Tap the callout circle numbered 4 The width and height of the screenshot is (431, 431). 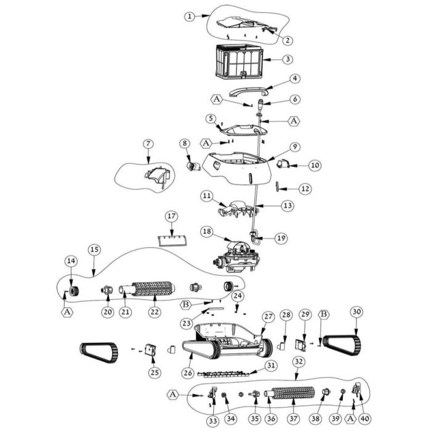tap(295, 79)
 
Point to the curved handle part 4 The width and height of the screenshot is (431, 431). tap(247, 91)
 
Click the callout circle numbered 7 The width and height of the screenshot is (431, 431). tap(148, 143)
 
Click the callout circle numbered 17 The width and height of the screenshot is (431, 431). tap(171, 216)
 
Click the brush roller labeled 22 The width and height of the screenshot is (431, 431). tap(154, 288)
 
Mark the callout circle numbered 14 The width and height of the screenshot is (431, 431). tap(71, 262)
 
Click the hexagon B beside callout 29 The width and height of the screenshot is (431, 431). tap(323, 315)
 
